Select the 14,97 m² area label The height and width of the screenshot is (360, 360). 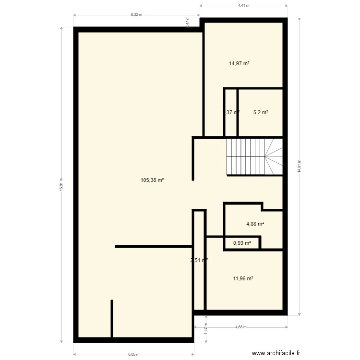(x=241, y=63)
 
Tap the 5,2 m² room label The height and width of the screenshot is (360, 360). (x=261, y=113)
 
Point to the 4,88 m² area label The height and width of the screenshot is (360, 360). (x=255, y=224)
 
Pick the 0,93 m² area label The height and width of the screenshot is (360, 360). (x=242, y=243)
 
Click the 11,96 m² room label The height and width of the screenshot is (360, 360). (x=243, y=278)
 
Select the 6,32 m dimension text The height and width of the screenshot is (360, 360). (x=137, y=14)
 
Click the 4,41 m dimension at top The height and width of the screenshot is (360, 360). (x=244, y=6)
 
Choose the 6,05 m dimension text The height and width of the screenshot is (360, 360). (x=134, y=355)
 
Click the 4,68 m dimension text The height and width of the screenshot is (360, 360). (x=240, y=327)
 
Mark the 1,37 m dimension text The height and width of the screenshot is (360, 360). (x=205, y=329)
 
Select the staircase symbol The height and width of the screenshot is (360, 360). (x=254, y=156)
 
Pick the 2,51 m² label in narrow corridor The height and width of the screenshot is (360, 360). (x=199, y=261)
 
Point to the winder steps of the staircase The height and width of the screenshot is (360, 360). (x=273, y=156)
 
